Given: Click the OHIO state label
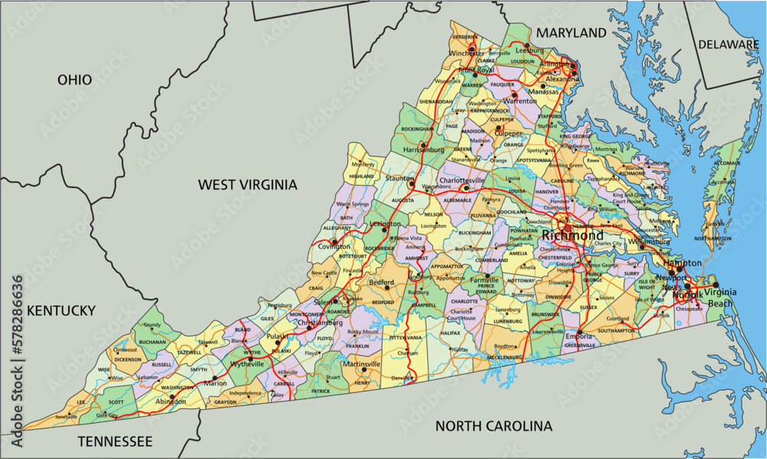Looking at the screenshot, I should (74, 80).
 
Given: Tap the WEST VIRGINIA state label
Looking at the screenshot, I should (247, 184).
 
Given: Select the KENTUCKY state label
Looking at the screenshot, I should (61, 310).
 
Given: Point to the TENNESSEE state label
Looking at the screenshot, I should (115, 441).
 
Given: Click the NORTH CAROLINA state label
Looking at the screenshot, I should (493, 426).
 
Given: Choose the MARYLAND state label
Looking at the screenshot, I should (571, 33).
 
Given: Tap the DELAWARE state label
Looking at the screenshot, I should (728, 45).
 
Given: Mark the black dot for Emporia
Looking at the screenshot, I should (581, 333).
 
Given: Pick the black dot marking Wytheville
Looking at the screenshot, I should (251, 358).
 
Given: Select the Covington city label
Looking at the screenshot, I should (329, 247).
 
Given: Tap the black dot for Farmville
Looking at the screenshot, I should (486, 275).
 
